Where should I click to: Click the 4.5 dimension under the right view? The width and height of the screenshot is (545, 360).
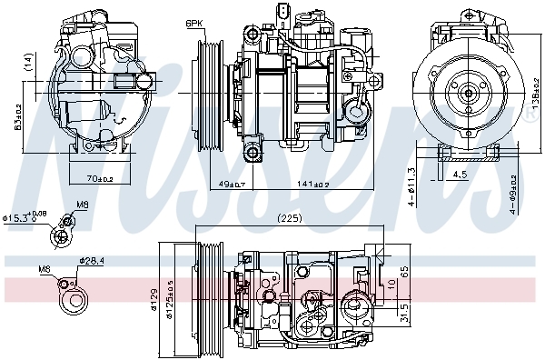point(461,175)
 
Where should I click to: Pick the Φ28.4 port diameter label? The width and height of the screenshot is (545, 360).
point(92,261)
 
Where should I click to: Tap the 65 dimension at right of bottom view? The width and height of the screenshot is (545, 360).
point(403,271)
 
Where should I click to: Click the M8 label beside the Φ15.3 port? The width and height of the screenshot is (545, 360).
point(81,205)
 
